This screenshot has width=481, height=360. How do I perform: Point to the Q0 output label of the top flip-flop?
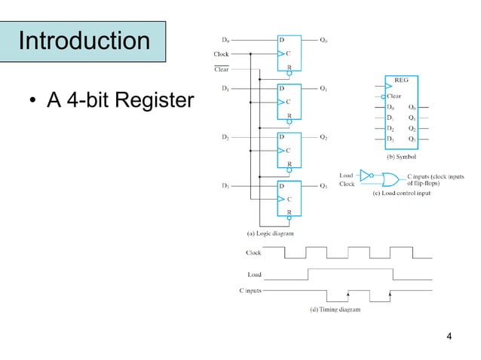[x=323, y=39]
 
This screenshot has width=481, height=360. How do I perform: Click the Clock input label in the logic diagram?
[x=221, y=54]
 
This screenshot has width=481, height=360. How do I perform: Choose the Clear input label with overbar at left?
[x=221, y=69]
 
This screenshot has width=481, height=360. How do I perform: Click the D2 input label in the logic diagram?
[x=225, y=137]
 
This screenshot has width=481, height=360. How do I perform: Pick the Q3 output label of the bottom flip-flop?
[x=323, y=185]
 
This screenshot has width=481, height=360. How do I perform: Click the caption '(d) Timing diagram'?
[x=335, y=309]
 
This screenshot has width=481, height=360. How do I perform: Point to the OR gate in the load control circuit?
[x=391, y=180]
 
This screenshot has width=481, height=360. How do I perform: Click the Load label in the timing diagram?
[x=255, y=274]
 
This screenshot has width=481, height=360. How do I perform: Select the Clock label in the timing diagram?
[x=254, y=253]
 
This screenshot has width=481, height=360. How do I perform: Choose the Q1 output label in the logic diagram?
[x=323, y=89]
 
